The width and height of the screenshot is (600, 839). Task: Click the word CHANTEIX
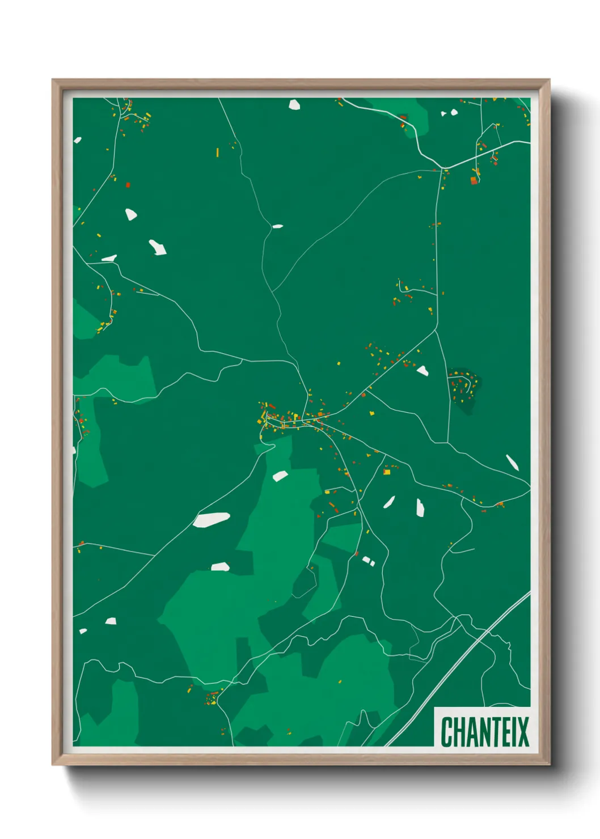click(484, 732)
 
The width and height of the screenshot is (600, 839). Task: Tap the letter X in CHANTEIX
click(523, 732)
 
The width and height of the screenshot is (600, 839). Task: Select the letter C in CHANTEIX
click(446, 732)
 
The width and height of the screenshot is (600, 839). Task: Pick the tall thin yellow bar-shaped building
click(217, 152)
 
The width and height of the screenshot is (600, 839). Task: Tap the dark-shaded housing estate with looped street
click(463, 388)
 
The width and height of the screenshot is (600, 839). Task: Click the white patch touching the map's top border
click(294, 104)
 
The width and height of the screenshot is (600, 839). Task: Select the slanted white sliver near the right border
click(512, 463)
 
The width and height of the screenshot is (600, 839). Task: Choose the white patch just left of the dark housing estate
click(422, 371)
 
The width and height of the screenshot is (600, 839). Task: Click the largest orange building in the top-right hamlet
click(474, 180)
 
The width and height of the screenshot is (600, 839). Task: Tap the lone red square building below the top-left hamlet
click(128, 185)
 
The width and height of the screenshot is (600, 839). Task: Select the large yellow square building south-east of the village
click(387, 471)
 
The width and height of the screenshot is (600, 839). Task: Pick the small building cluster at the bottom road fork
click(211, 697)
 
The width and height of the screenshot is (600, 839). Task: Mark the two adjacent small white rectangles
click(368, 561)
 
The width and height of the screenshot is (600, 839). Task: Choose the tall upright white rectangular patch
click(420, 507)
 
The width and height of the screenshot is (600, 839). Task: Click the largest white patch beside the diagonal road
click(211, 519)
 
